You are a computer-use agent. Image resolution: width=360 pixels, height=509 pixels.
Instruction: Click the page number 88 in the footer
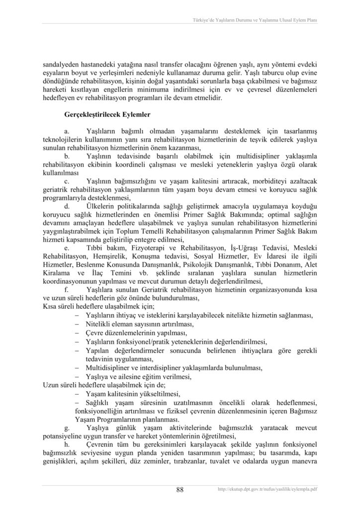tap(180, 490)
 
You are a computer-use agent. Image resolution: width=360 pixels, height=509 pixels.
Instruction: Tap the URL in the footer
tap(268, 490)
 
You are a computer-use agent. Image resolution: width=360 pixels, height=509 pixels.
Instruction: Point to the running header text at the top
tap(255, 20)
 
